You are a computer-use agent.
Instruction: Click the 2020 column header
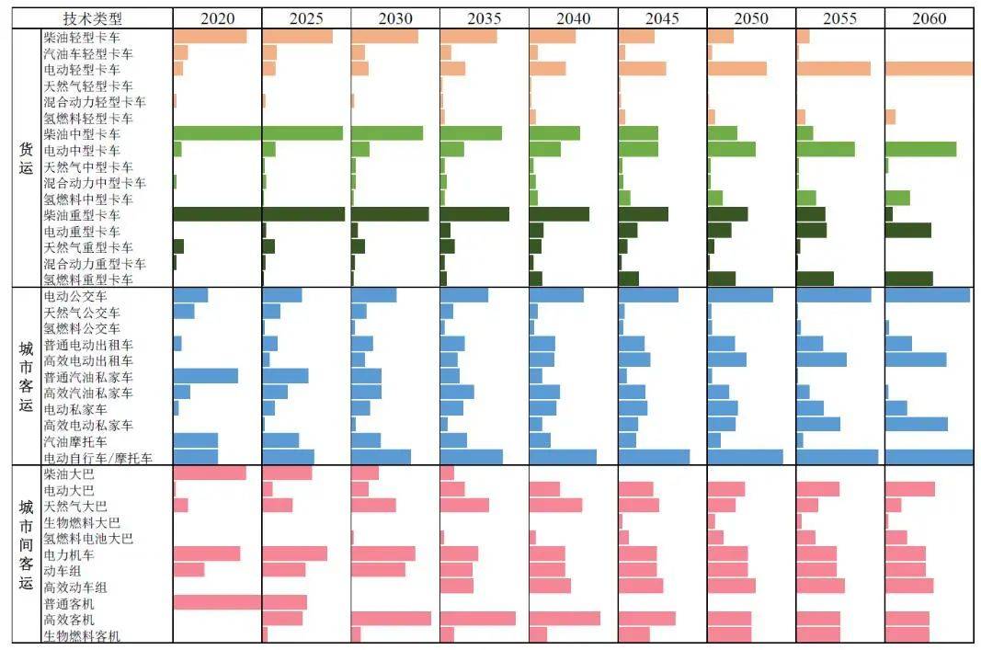click(x=217, y=18)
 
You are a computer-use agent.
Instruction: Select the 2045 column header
click(x=662, y=18)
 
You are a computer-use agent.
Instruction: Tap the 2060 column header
click(x=929, y=18)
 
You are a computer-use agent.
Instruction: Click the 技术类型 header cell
click(x=93, y=18)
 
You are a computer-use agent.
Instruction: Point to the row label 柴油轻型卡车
click(x=81, y=37)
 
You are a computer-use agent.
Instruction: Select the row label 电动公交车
click(x=74, y=296)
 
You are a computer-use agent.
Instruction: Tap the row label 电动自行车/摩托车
click(x=97, y=458)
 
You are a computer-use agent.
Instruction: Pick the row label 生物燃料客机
click(x=81, y=636)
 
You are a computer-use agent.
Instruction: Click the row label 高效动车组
click(x=74, y=587)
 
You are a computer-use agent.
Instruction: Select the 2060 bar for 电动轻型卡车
click(x=928, y=69)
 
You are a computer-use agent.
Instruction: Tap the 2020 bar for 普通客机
click(x=217, y=603)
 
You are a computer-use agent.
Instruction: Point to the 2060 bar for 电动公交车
click(x=927, y=296)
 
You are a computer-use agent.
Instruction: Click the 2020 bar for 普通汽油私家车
click(x=205, y=376)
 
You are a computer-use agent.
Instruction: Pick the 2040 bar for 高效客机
click(x=565, y=619)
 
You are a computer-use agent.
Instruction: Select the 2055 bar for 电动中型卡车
click(x=825, y=149)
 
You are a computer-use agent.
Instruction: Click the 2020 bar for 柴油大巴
click(x=210, y=473)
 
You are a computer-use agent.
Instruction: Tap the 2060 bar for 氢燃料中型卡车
click(x=896, y=198)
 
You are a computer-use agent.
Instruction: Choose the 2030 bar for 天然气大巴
click(x=373, y=506)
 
